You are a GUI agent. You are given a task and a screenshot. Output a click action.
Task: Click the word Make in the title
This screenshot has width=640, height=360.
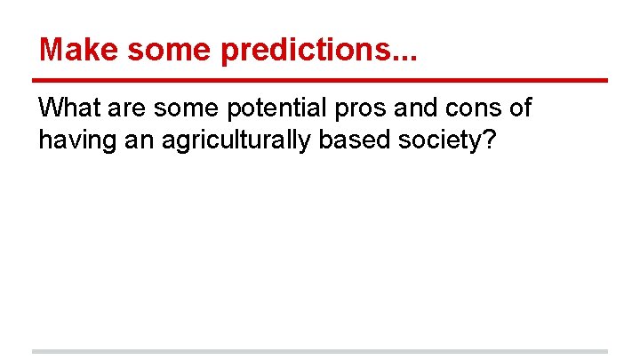(78, 50)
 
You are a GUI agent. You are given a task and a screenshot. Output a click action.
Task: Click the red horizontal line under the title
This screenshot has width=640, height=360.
(320, 81)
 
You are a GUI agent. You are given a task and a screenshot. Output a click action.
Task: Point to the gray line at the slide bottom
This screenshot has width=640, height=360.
(320, 351)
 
